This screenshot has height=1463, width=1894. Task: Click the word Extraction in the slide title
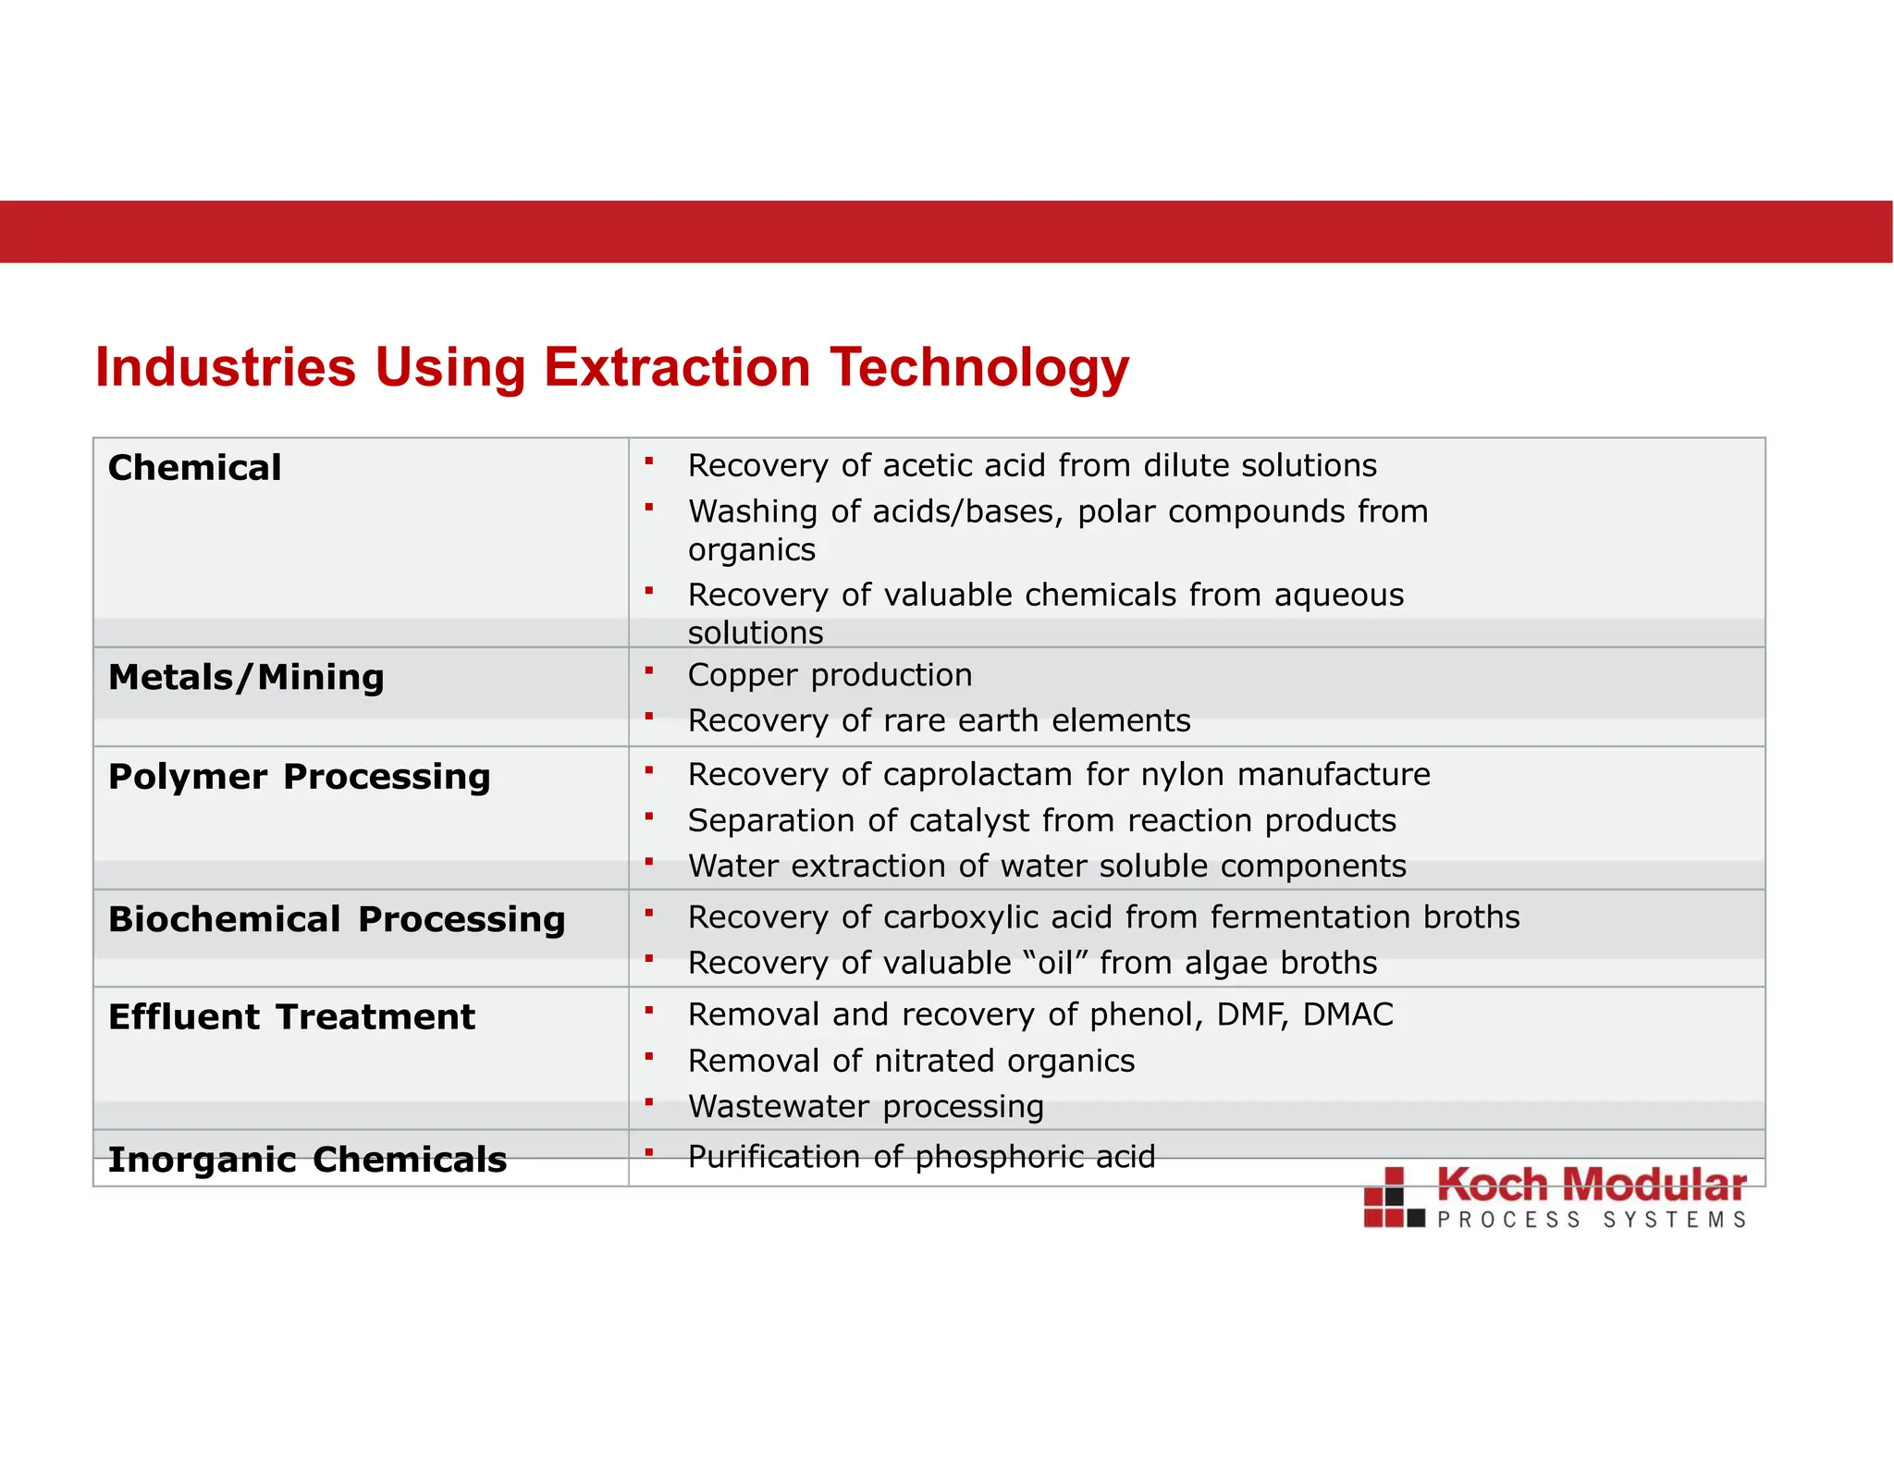[x=676, y=367]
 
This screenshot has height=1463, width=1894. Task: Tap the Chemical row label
[x=194, y=468]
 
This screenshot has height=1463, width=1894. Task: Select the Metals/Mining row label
[x=246, y=678]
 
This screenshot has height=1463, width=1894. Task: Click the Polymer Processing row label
[x=299, y=777]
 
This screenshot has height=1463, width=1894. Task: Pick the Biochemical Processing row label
[x=337, y=919]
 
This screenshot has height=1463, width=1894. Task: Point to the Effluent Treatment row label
[x=291, y=1017]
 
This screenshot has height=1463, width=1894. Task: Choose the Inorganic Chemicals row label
[x=307, y=1160]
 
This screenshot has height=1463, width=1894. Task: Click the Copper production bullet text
[x=830, y=675]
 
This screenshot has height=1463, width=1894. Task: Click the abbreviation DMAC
[x=1347, y=1014]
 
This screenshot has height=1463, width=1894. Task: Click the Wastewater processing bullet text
[x=866, y=1106]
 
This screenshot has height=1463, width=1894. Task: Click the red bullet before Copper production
[x=649, y=670]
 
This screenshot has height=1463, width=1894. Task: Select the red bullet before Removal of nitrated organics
[x=649, y=1056]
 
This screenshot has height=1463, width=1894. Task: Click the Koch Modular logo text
[x=1591, y=1186]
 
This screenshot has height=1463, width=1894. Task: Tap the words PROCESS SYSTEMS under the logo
[x=1591, y=1221]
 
